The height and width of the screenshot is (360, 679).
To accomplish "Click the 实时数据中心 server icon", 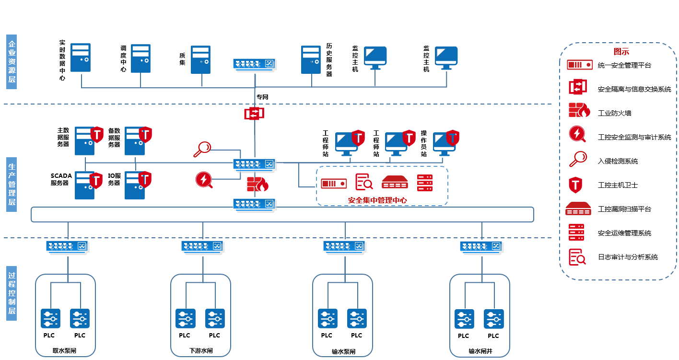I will tap(81, 58).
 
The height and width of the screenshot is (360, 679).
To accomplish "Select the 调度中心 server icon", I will tap(141, 59).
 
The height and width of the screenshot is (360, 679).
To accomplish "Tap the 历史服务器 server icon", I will tap(311, 59).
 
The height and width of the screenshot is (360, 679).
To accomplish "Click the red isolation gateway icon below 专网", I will tap(254, 114).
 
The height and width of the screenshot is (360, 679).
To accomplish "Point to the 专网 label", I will tap(262, 97).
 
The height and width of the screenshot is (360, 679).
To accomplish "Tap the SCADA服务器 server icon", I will tap(85, 186).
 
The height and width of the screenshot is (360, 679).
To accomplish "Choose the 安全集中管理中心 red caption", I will tap(377, 200).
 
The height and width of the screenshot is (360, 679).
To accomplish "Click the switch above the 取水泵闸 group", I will tap(68, 246).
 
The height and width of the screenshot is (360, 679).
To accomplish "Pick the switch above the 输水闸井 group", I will tap(481, 246).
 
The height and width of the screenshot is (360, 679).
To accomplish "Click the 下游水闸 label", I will tap(201, 351).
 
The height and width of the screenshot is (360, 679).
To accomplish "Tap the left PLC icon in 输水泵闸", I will tap(327, 318).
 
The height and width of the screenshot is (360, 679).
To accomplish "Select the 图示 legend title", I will tap(621, 52).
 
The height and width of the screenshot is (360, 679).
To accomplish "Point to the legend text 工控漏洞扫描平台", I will tap(624, 209).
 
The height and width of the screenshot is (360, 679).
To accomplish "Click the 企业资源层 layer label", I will tap(12, 62).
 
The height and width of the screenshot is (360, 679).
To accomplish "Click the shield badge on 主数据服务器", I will tap(97, 135).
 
